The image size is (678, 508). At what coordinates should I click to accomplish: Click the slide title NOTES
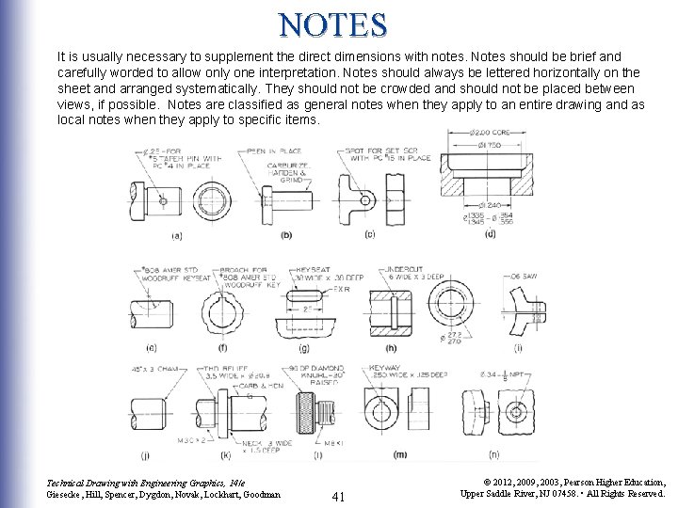(x=332, y=23)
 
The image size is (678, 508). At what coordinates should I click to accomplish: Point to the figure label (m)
(x=399, y=455)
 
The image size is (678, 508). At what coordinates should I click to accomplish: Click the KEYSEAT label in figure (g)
(x=310, y=269)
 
